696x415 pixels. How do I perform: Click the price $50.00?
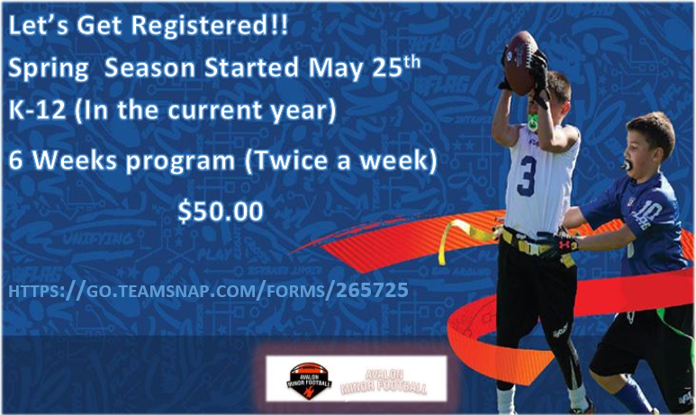[221, 212]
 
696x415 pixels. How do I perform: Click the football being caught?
[523, 61]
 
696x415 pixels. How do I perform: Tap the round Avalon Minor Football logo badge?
[311, 379]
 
